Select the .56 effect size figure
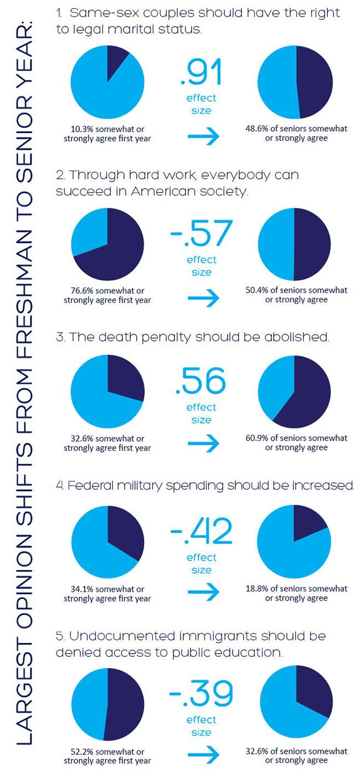(x=200, y=382)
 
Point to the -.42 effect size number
(x=200, y=531)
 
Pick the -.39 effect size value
(x=200, y=694)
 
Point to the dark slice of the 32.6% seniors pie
(x=316, y=692)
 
